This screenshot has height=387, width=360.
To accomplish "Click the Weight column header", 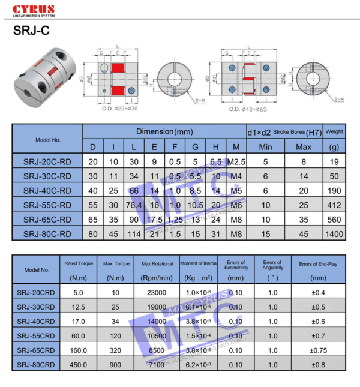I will coord(334,131).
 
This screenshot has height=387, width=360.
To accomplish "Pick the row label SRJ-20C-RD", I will coord(47,161).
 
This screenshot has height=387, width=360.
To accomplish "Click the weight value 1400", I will coord(334,233).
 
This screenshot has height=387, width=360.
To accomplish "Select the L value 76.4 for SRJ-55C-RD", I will coord(133,205).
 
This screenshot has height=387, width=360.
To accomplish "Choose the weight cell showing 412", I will coord(334,205).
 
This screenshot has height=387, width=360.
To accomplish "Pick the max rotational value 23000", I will coord(157,292).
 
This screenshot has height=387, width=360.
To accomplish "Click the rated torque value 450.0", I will coord(78,364).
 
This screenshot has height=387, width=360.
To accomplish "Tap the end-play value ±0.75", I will coord(318,350).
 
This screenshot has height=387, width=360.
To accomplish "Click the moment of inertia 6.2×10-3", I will coord(197,364).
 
